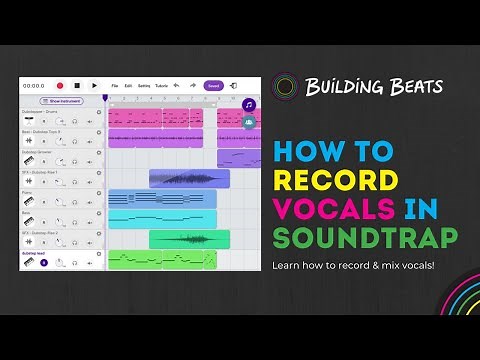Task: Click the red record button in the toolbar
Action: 60,86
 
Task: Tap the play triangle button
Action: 93,86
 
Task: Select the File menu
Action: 115,86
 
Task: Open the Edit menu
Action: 128,86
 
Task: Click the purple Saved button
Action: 213,86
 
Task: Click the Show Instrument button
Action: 60,101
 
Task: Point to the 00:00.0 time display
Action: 33,86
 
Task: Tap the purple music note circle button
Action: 249,104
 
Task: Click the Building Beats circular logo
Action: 286,86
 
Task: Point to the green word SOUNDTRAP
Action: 365,238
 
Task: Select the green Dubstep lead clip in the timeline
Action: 161,259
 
